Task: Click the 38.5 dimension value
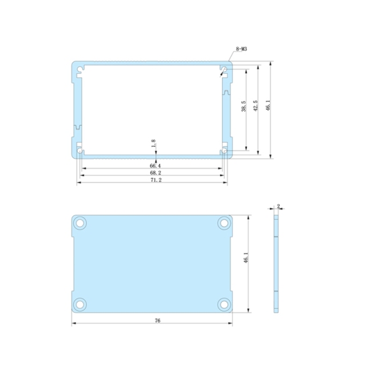point(244,107)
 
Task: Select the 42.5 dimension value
point(255,106)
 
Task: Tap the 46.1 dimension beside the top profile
point(268,106)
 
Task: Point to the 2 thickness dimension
point(278,206)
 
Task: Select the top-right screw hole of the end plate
point(224,223)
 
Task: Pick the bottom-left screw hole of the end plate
point(81,303)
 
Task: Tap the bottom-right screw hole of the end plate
point(224,303)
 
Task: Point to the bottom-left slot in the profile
point(79,152)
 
